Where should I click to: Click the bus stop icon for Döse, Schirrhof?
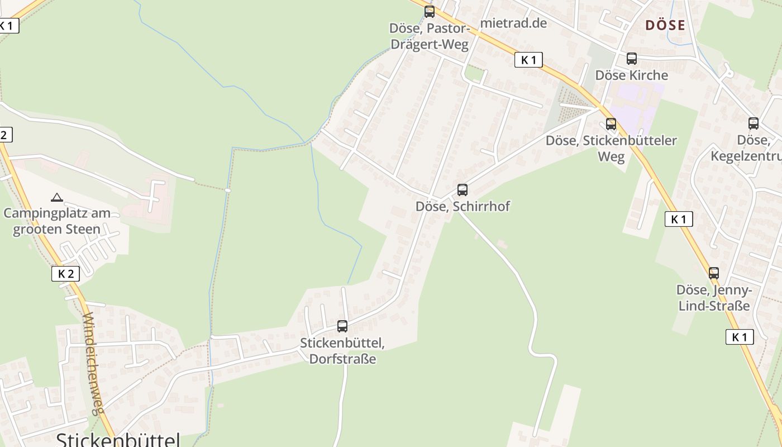(x=462, y=189)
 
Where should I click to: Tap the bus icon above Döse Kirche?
(x=632, y=58)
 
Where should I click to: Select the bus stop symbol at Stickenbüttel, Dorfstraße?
(x=342, y=326)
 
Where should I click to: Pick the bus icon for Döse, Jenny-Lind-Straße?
(x=714, y=273)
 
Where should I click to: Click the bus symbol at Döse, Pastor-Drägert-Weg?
(x=430, y=11)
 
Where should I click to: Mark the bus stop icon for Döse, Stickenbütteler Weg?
(x=611, y=124)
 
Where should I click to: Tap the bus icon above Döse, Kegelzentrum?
(x=754, y=123)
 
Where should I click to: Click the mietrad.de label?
(x=513, y=23)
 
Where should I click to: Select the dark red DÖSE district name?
(x=665, y=25)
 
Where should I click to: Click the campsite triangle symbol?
(x=57, y=197)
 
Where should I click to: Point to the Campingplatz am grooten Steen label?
(x=57, y=221)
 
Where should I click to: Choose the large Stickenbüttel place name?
(x=118, y=439)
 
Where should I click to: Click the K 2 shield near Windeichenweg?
(x=65, y=273)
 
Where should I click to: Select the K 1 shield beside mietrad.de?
(x=528, y=60)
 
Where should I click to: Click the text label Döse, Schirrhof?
(x=462, y=206)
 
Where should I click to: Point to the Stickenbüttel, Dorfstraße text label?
(x=342, y=350)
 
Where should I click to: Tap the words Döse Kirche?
(x=632, y=75)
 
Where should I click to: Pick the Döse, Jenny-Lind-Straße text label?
(x=714, y=298)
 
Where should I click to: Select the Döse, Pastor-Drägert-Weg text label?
(x=430, y=36)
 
